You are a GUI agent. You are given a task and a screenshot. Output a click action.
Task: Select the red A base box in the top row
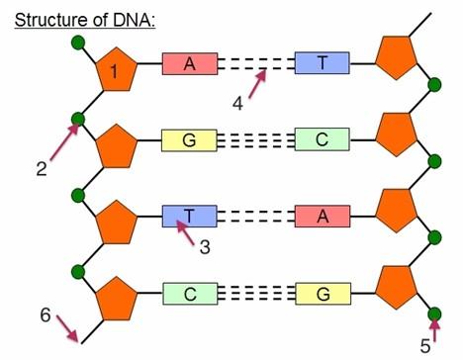(x=189, y=63)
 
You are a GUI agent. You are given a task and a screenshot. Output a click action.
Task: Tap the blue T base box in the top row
(x=322, y=63)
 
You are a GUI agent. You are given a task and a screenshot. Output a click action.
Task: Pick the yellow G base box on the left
(x=189, y=140)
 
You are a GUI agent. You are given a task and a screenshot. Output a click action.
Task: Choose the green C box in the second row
(x=322, y=140)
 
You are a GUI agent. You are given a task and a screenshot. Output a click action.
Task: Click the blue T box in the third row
(x=189, y=217)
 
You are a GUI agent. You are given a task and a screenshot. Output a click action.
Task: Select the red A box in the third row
(x=322, y=217)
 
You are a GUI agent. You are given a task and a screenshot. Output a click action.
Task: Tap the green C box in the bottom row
(x=189, y=293)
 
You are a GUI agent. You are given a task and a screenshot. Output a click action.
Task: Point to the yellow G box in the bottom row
(x=322, y=293)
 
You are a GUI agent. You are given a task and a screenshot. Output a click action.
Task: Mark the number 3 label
(x=205, y=247)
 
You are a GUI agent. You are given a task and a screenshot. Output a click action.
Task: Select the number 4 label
(x=237, y=104)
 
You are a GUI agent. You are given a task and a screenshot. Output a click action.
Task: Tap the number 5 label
(x=425, y=346)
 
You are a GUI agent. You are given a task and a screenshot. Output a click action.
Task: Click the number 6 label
(x=45, y=315)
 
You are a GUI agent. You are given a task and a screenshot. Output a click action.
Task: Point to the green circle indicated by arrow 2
(x=79, y=120)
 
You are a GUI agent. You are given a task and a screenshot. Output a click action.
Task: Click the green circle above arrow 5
(x=433, y=315)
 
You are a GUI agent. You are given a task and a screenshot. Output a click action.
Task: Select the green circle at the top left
(x=79, y=44)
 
